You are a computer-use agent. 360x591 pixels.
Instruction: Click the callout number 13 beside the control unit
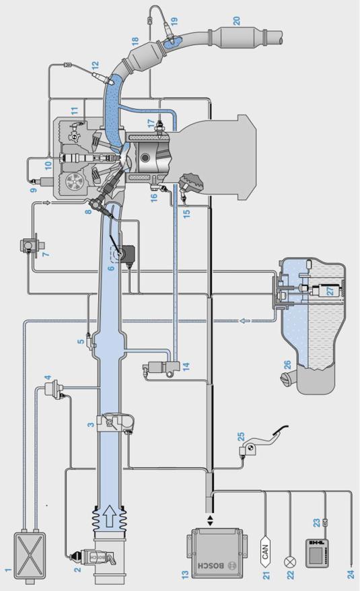(x=185, y=574)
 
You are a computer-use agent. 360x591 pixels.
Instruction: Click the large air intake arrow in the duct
(x=110, y=515)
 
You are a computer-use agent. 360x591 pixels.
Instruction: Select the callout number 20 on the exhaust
(x=236, y=20)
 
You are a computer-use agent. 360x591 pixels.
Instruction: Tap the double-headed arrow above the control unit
(x=210, y=520)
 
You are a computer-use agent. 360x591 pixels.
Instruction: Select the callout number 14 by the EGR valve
(x=186, y=366)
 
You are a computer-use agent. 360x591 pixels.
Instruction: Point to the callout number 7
(x=46, y=254)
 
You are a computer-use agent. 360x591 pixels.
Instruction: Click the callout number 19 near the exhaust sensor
(x=174, y=21)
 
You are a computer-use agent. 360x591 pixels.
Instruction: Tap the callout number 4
(x=48, y=378)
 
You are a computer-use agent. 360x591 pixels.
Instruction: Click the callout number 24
(x=351, y=574)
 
